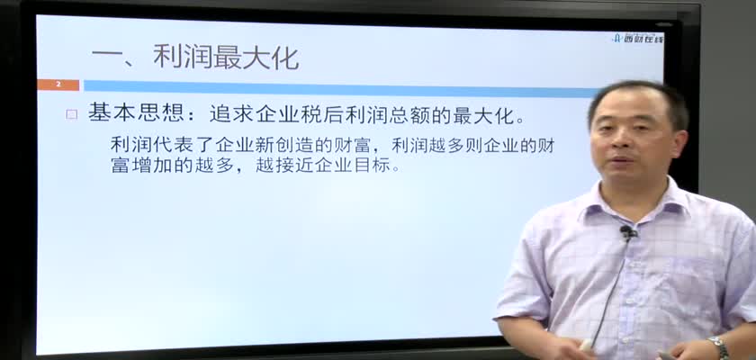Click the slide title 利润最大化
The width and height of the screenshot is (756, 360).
[x=226, y=58]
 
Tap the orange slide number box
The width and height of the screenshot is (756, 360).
[x=58, y=85]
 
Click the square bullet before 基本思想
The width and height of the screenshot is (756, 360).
[x=72, y=114]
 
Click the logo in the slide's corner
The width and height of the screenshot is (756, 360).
[x=637, y=38]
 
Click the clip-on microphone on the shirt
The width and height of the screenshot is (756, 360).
[x=627, y=233]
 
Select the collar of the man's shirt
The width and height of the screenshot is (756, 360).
[x=635, y=202]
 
